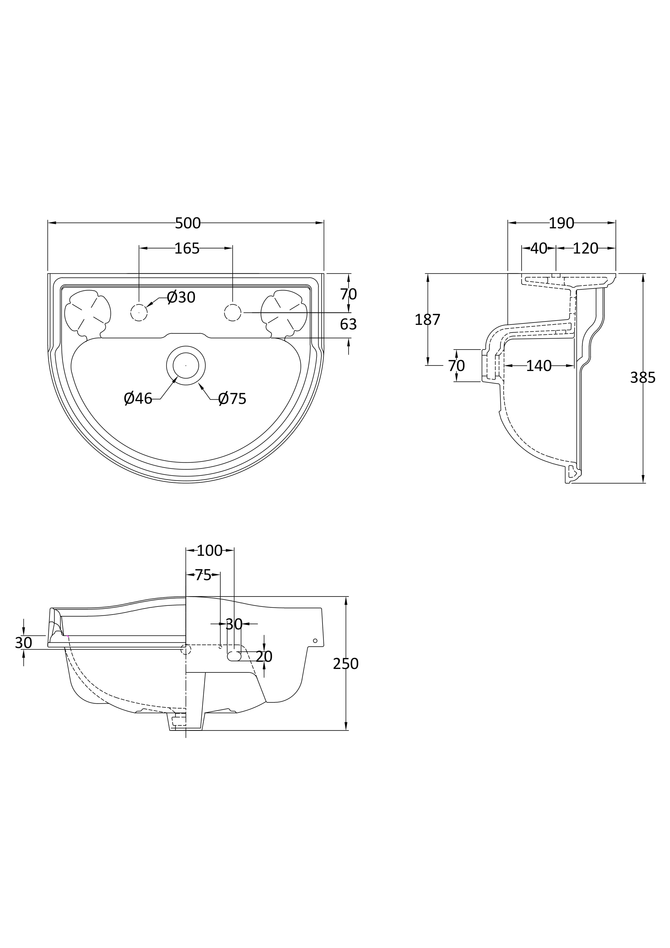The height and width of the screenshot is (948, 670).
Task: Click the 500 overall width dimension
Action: tap(188, 223)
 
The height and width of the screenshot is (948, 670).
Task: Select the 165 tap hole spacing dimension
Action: tap(187, 249)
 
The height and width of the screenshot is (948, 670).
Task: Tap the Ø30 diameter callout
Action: tap(181, 297)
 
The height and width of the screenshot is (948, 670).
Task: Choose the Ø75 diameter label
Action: tap(232, 399)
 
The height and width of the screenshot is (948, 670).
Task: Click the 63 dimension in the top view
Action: tap(348, 325)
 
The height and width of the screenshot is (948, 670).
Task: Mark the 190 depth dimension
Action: tap(561, 223)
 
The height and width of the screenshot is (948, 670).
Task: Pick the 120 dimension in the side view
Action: tap(585, 249)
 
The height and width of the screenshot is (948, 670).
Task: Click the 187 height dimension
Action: tap(428, 319)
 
